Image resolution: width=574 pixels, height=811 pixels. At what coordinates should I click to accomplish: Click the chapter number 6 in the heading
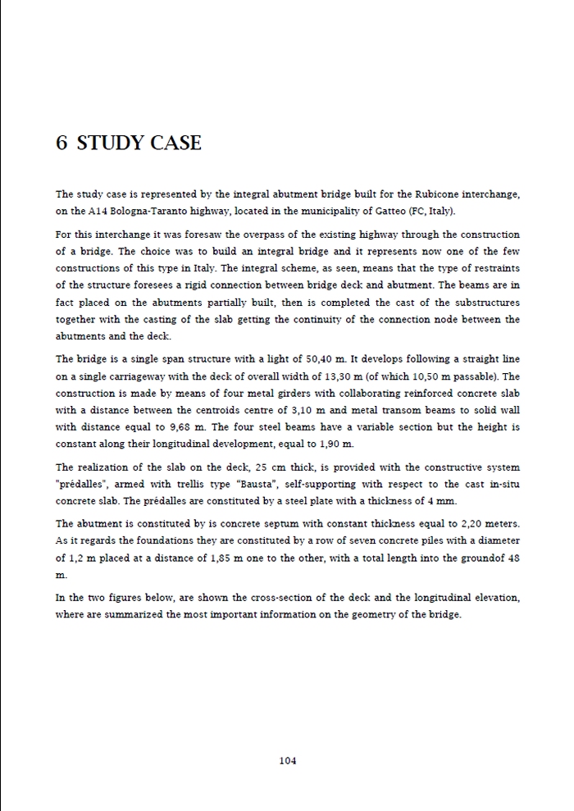61,144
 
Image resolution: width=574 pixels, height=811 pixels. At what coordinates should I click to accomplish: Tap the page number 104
287,760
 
